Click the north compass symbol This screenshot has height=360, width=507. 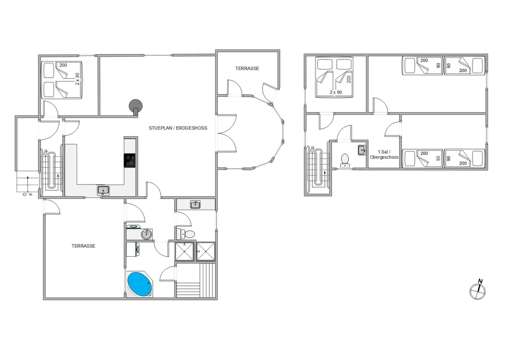[477, 290]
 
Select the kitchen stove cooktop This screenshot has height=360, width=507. [130, 160]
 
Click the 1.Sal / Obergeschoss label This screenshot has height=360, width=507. [383, 154]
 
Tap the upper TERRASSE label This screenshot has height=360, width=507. [247, 69]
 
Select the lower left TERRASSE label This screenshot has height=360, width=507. [84, 246]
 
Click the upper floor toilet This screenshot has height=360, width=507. [345, 159]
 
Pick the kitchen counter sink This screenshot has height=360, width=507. [103, 190]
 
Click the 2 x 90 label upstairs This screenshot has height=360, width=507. [335, 92]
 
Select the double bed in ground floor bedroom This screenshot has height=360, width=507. [62, 80]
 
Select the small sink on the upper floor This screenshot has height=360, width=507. [361, 150]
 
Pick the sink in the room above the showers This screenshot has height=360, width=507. [196, 204]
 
